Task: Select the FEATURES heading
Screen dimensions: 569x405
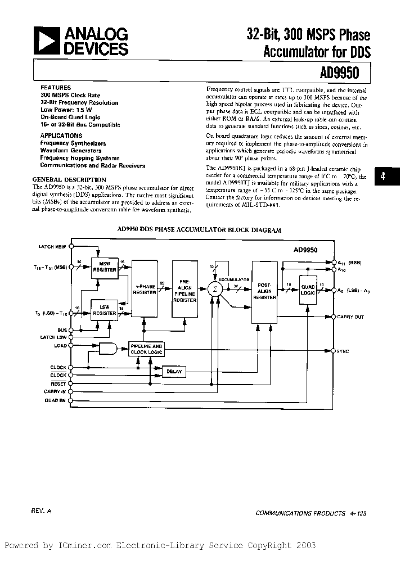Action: coord(56,88)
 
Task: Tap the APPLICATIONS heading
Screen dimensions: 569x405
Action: coord(61,136)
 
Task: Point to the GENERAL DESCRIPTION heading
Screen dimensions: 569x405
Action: coord(69,179)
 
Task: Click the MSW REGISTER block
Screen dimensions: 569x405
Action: coord(105,267)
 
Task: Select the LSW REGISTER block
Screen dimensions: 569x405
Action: coord(105,310)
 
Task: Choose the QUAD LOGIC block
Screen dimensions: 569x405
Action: coord(308,289)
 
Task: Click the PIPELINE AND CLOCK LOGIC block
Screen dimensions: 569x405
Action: coord(146,349)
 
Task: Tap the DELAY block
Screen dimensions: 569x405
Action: coord(174,371)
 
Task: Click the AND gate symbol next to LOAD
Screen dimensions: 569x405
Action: coord(107,349)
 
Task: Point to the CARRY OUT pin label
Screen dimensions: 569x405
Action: coord(350,317)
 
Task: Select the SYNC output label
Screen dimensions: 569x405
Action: coord(343,351)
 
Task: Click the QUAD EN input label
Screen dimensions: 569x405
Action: coord(55,400)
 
